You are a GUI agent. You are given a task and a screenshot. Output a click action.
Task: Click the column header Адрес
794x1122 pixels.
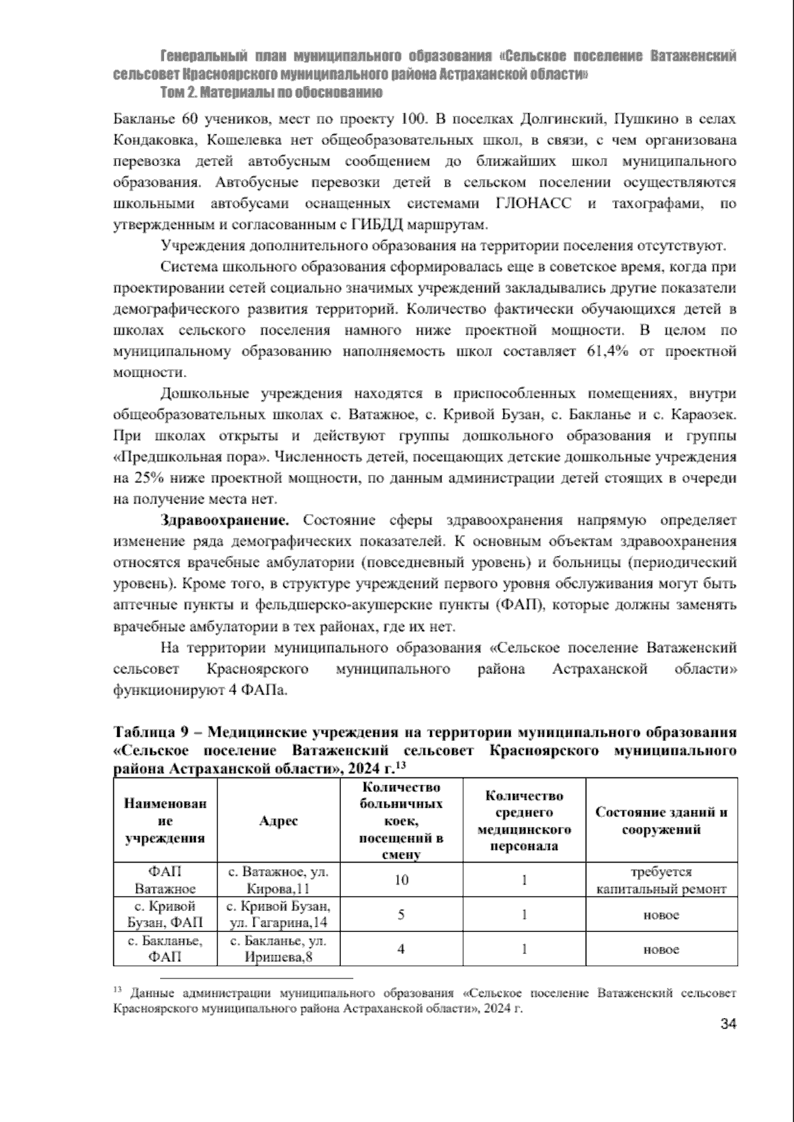[x=279, y=820]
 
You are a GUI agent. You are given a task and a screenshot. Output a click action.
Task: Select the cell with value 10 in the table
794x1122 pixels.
[x=402, y=880]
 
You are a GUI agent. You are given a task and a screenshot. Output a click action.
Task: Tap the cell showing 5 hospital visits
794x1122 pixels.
[x=402, y=915]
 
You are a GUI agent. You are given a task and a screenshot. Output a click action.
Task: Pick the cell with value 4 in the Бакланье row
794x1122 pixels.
[x=402, y=949]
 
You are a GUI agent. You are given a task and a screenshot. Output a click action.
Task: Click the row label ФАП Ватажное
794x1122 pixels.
[x=165, y=880]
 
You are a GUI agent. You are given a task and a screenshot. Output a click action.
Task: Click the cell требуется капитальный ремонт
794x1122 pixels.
[x=662, y=881]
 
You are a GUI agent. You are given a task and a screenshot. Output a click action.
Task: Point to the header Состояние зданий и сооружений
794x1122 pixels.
[x=662, y=820]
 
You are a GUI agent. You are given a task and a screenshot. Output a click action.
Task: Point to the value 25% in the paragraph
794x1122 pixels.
[x=145, y=478]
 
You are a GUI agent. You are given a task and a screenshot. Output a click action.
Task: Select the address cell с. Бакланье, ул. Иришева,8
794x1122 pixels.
[x=279, y=949]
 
